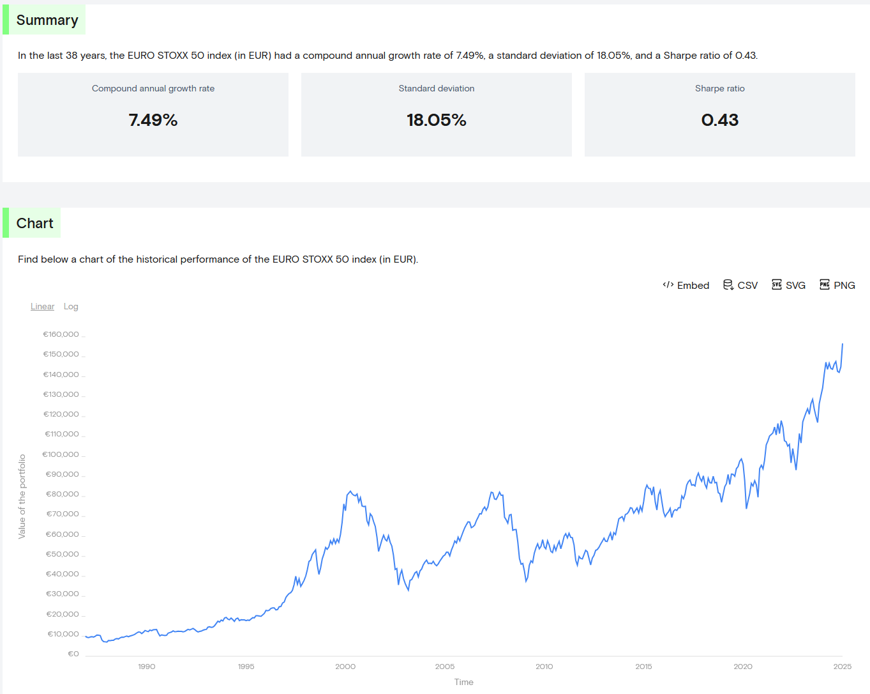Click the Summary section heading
47,20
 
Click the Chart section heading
35,224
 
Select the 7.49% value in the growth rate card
153,120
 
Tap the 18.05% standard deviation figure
437,120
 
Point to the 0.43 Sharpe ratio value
719,120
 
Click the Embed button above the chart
686,286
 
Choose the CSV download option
740,286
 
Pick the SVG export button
789,286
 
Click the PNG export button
837,286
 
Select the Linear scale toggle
42,307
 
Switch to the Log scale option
71,307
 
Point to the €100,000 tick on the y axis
61,454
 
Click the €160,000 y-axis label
61,334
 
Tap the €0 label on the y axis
73,654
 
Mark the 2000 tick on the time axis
345,667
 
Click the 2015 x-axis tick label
643,667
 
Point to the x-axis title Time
464,682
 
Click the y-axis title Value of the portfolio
22,497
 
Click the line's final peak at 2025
842,344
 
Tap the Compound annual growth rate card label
153,89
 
